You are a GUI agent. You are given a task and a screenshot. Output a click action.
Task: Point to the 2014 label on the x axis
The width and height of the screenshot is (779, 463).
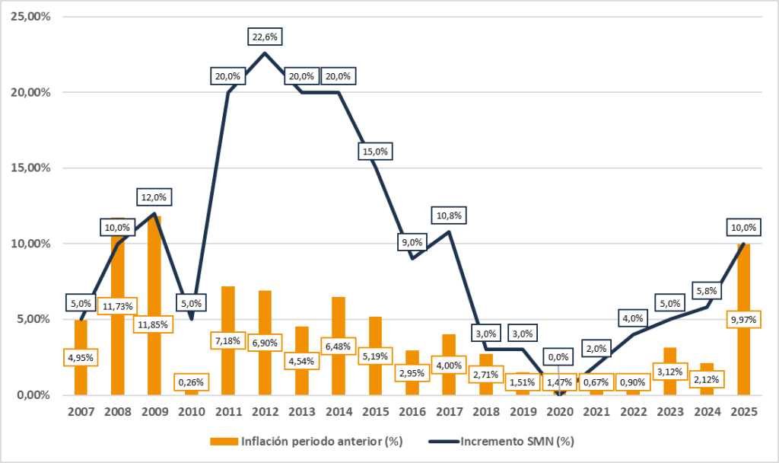pos(339,411)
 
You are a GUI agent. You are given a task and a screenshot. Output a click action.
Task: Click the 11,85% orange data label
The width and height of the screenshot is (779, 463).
pos(154,323)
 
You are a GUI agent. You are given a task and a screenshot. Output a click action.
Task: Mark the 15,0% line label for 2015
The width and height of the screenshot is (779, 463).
pos(374,152)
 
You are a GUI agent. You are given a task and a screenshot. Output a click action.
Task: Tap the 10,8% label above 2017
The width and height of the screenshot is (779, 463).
pos(449,216)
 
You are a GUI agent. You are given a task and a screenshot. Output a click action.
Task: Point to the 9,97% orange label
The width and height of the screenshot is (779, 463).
pos(743,320)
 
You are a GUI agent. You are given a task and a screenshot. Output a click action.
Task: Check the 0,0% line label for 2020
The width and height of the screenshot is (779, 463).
pos(559,355)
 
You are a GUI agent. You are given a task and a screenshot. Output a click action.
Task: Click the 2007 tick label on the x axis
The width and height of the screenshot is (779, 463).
pos(81,411)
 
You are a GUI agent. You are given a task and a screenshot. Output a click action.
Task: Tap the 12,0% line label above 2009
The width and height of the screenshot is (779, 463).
pos(154,197)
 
